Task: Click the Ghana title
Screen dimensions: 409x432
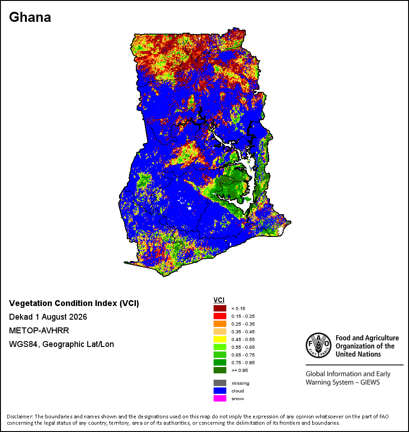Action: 30,17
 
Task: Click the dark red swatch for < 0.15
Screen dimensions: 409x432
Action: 220,308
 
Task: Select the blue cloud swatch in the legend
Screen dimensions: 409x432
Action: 220,391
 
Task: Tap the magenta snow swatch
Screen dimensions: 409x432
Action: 220,398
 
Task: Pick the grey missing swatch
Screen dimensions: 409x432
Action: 220,383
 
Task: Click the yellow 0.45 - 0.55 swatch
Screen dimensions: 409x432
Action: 220,339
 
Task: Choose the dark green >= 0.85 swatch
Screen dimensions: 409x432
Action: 220,370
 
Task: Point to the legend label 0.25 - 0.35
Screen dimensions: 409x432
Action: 243,324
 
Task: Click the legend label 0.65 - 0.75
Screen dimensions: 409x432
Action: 243,355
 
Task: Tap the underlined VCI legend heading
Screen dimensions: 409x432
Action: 219,300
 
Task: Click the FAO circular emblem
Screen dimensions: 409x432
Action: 319,345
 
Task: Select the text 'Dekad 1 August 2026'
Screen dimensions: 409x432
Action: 48,317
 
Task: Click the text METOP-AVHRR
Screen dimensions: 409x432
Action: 39,330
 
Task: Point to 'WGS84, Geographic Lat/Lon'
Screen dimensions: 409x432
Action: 61,344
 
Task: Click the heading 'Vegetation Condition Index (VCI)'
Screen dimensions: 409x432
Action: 74,303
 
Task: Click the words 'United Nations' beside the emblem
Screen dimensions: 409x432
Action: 358,354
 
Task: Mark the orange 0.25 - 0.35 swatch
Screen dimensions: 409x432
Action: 220,324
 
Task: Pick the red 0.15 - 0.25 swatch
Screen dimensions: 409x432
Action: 220,316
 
